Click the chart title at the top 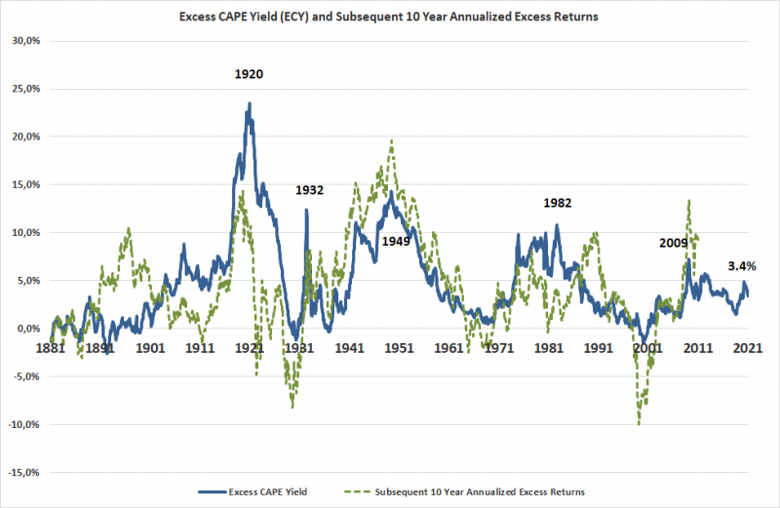(x=389, y=17)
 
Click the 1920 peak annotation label (x=249, y=74)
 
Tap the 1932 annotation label (x=309, y=190)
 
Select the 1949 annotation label (x=396, y=241)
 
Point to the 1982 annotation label (x=557, y=203)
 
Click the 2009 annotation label (x=673, y=243)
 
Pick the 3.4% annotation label (x=744, y=265)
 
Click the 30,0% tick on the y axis (x=23, y=40)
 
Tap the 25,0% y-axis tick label (x=23, y=89)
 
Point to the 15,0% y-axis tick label (x=23, y=184)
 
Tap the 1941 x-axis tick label (x=349, y=347)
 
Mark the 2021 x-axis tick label (x=747, y=347)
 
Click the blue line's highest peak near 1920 (x=250, y=103)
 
